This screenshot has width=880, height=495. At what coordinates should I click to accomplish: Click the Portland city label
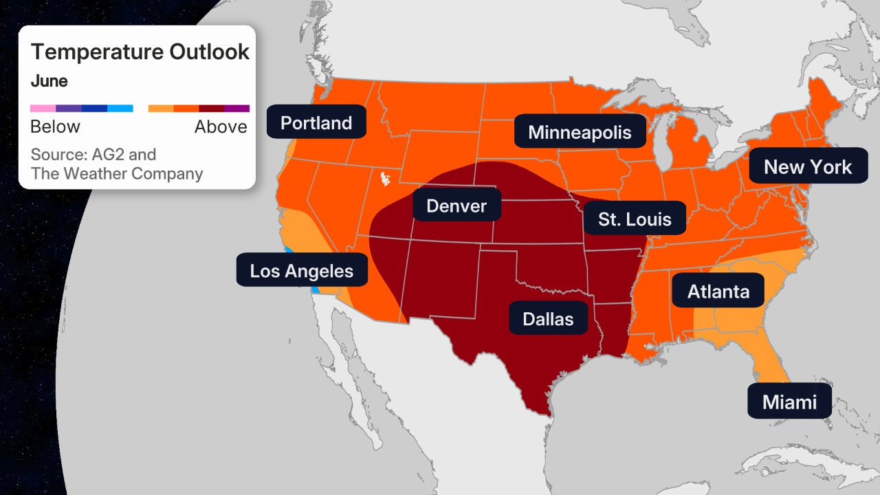click(x=316, y=122)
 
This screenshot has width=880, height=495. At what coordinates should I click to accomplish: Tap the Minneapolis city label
click(x=580, y=131)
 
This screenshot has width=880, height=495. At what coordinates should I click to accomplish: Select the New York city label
click(x=807, y=166)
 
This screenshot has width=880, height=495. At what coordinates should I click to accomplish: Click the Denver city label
click(x=456, y=206)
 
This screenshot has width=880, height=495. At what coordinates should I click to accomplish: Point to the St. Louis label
click(x=634, y=219)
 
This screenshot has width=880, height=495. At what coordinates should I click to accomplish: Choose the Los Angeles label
click(x=301, y=271)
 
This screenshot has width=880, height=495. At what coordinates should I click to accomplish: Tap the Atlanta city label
click(x=718, y=291)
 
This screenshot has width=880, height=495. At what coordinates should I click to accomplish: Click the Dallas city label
click(x=547, y=319)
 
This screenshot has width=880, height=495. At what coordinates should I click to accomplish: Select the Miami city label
click(x=789, y=401)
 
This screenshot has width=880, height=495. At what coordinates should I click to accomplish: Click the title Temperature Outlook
click(x=140, y=52)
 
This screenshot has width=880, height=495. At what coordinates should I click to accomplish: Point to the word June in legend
click(x=49, y=81)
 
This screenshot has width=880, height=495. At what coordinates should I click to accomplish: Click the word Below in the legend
click(x=55, y=126)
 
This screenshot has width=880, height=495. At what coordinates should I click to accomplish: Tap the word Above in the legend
click(x=221, y=126)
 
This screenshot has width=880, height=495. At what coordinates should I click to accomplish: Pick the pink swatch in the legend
click(x=43, y=108)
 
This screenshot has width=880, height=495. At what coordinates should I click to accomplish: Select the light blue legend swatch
click(x=120, y=108)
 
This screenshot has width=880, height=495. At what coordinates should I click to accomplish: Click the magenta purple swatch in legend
click(x=236, y=108)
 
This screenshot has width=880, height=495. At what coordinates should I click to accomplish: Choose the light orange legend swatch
click(x=161, y=108)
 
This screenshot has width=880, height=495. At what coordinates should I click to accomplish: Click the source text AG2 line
click(x=93, y=154)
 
